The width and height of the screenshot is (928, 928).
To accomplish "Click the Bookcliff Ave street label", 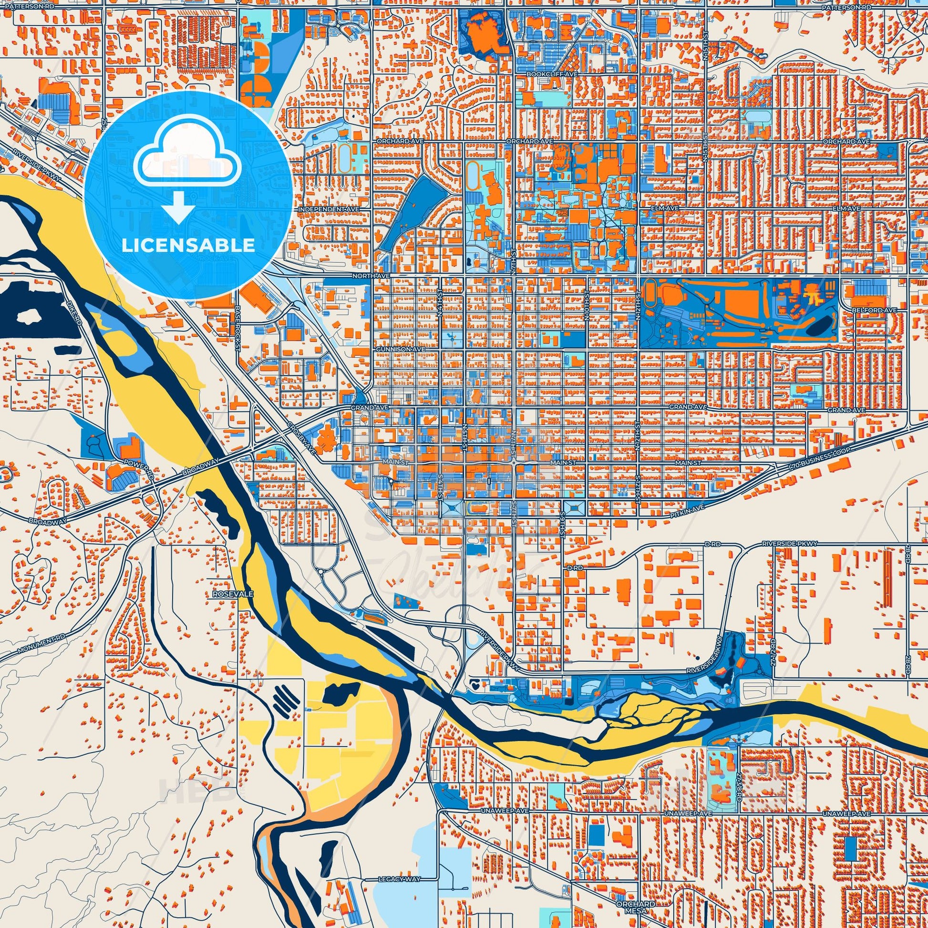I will pos(545,75).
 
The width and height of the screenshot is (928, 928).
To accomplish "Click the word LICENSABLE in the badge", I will pos(188,246).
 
